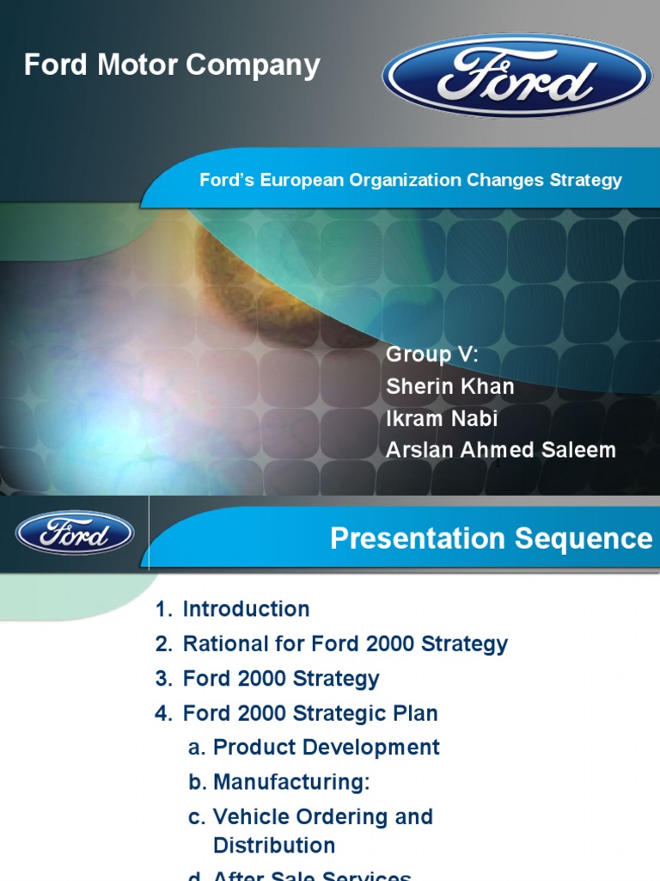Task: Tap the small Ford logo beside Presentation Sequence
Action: [75, 533]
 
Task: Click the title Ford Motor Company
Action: [172, 65]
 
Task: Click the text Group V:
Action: [431, 354]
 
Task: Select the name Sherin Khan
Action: [450, 386]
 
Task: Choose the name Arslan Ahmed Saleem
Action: [501, 450]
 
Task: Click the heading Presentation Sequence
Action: [491, 539]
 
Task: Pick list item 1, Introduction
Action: [246, 609]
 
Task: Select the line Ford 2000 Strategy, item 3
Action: [280, 678]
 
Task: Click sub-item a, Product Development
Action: [326, 747]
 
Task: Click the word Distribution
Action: [274, 845]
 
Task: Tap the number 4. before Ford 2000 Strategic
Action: [164, 713]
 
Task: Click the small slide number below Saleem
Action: [498, 464]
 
